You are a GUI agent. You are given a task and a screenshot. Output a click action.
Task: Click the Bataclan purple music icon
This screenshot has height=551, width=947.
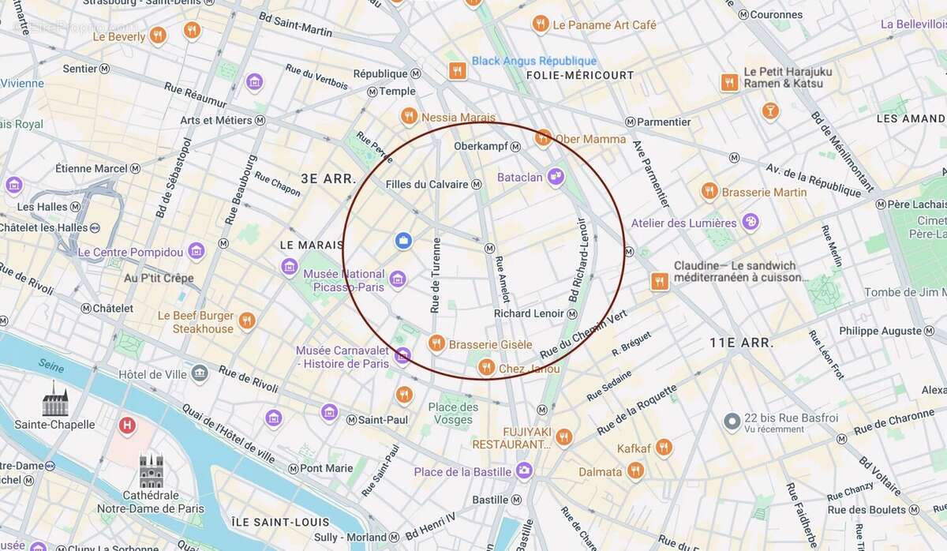coord(556,177)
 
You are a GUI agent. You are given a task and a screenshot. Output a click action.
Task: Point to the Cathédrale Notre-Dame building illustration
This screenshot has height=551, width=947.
coord(151,471)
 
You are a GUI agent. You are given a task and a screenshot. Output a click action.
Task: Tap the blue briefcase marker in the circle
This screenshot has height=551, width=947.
coord(403,240)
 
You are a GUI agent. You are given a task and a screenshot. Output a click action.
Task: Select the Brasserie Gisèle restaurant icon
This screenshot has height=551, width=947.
coord(436,343)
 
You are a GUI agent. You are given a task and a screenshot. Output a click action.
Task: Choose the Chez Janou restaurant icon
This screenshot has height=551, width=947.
coord(486,367)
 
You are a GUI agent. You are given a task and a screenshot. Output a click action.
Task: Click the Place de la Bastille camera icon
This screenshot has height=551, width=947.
coord(524,471)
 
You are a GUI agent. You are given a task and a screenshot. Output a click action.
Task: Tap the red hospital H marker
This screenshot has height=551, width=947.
coord(125,426)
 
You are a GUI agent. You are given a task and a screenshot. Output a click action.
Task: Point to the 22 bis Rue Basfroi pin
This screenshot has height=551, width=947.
coord(732,422)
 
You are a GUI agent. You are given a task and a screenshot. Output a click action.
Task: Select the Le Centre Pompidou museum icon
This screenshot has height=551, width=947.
coord(197,252)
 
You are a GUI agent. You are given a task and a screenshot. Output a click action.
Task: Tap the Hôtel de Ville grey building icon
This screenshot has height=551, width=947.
coord(200,373)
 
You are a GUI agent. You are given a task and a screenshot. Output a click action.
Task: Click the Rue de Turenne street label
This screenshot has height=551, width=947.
coord(435,275)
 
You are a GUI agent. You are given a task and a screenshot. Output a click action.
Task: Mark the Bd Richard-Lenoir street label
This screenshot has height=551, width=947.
coord(578,260)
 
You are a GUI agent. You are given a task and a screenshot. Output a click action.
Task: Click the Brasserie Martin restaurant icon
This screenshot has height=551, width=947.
coord(709,191)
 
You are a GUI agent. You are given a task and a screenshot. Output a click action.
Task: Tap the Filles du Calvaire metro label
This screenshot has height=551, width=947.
coord(427,184)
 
